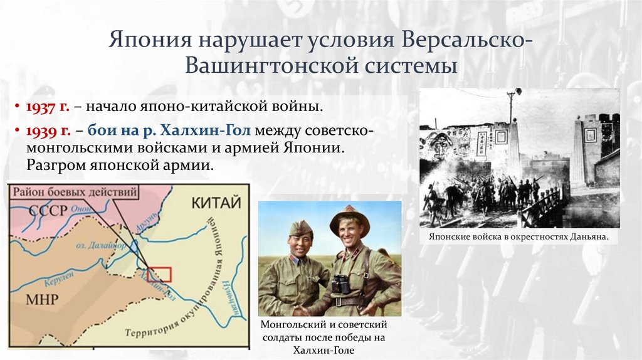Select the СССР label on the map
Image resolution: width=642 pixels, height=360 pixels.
point(47,210)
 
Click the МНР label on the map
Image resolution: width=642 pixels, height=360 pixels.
point(41,299)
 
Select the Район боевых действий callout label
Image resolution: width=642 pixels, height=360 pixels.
point(72,191)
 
